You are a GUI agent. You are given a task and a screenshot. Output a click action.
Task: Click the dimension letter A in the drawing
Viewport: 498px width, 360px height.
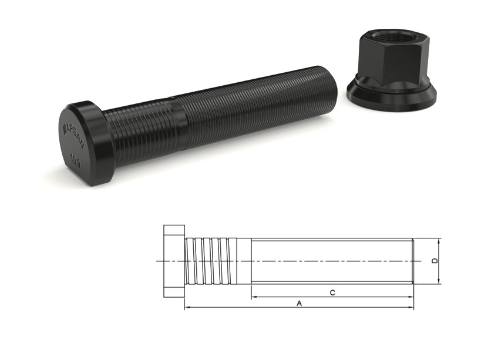[x=299, y=304]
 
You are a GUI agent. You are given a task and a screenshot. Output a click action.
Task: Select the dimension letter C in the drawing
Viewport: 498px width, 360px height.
[x=332, y=292]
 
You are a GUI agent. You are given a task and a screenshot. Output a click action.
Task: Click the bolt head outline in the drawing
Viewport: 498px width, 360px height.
[x=174, y=261]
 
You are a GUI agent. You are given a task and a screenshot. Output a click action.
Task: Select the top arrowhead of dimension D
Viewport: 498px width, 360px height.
[x=439, y=241]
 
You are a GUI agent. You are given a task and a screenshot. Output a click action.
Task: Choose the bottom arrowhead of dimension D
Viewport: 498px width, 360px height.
[x=439, y=281]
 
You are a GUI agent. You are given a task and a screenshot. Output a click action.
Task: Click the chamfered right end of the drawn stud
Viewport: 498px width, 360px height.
[x=413, y=261]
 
